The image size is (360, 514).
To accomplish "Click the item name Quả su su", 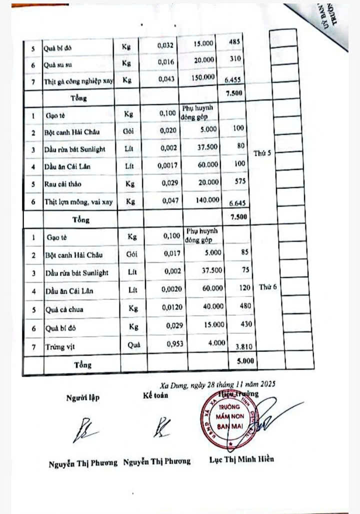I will point(60,64).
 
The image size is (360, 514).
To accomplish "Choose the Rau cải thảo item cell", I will point(63,184).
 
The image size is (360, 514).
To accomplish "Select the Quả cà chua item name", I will point(64,310).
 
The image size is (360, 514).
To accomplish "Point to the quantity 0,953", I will point(170,344).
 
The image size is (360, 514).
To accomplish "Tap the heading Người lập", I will point(83,398).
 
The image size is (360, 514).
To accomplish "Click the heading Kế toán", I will point(155,396).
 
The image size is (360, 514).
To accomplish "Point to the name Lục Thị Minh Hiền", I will point(241,459).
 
